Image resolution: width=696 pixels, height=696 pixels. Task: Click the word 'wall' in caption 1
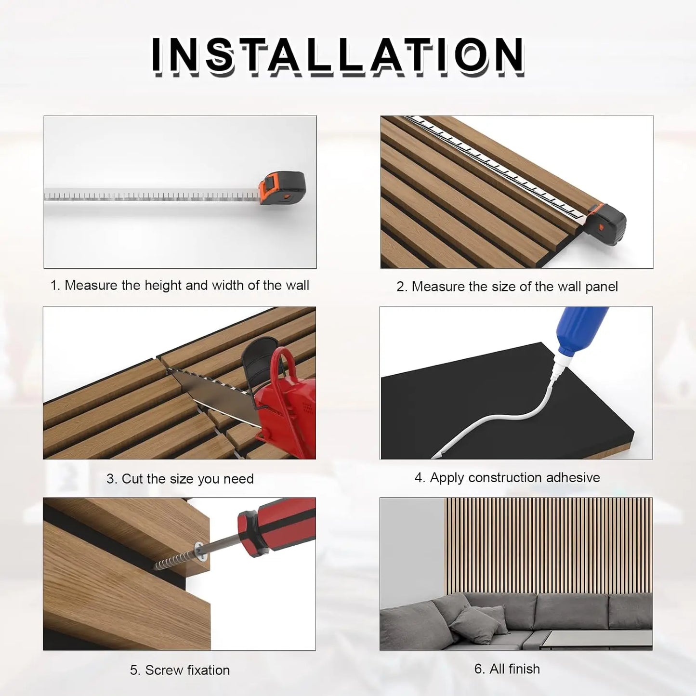pyautogui.click(x=297, y=285)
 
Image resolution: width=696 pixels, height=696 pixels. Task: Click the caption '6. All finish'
pyautogui.click(x=507, y=669)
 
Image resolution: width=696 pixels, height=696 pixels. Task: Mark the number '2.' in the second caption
pyautogui.click(x=402, y=287)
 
